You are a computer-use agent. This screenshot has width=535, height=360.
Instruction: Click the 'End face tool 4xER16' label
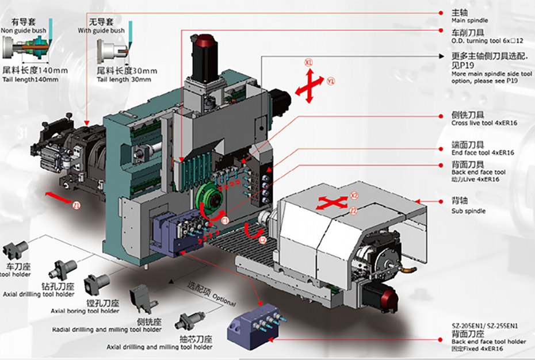(483, 152)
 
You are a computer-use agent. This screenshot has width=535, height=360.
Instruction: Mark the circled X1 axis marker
(308, 62)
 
